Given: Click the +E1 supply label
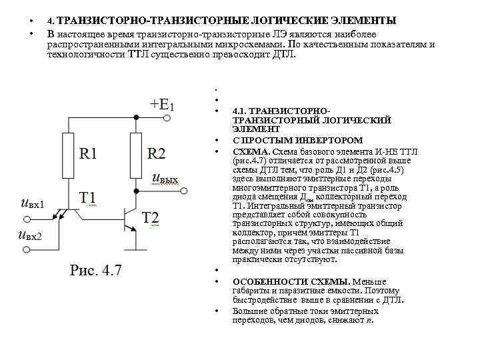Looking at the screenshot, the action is tap(162, 104).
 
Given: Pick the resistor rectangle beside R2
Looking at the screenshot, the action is tap(136, 155).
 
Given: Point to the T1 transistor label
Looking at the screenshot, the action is tap(88, 197).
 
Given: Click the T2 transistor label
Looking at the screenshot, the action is tap(151, 217).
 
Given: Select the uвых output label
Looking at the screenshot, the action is tap(165, 179).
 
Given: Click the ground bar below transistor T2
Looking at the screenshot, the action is tap(136, 249).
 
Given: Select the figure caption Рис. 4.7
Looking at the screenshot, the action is tap(96, 270).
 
